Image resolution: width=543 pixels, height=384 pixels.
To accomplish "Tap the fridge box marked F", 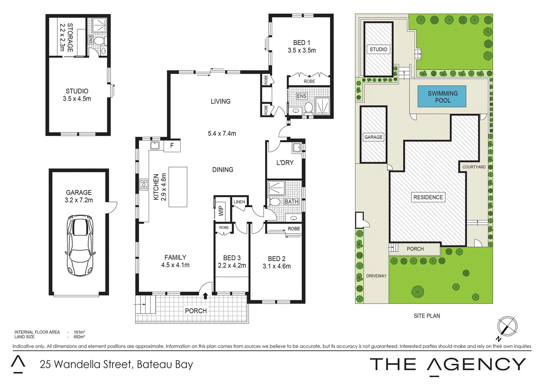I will coord(172,145).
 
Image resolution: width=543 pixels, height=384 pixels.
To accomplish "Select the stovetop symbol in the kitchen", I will coord(144,184).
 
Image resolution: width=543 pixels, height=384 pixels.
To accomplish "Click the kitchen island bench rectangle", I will coord(178,187).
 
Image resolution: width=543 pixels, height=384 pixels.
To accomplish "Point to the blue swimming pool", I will coord(442,97).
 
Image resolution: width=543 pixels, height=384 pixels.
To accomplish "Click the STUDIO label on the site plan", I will coord(378,49).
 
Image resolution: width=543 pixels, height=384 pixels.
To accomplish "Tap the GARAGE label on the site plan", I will coord(373,137).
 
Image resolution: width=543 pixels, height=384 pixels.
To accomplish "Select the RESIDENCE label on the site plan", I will coord(428,197).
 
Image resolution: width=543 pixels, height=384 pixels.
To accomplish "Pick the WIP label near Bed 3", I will coord(221,211).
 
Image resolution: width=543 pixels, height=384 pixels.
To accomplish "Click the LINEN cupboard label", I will coord(239,202).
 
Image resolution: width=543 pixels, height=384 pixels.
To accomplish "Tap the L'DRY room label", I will coord(285,162).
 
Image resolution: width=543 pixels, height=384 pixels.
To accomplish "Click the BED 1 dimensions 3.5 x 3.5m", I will coord(302,50).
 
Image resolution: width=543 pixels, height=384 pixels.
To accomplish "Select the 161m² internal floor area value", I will coord(79,332).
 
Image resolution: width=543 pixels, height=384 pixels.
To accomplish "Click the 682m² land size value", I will coord(79,337).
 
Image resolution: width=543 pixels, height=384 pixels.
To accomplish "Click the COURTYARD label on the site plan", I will coord(474,167).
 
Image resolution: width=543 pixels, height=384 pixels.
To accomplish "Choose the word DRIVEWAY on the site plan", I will coord(376,276).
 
